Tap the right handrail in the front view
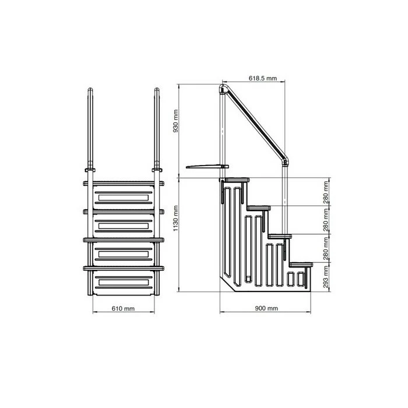click(156, 128)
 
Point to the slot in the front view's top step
click(123, 198)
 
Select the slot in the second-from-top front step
click(123, 225)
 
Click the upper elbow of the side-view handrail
click(223, 90)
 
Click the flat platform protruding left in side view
click(201, 167)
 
